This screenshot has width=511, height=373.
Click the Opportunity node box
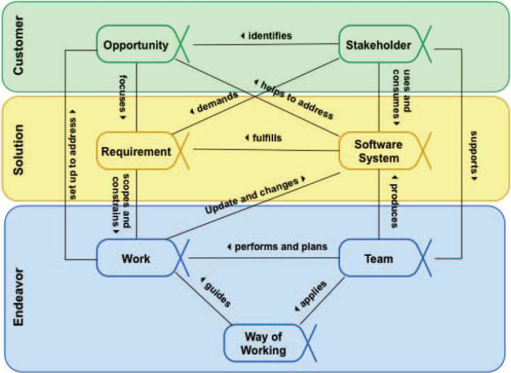[136, 45]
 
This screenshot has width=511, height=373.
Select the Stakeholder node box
[378, 45]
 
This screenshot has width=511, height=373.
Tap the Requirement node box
[136, 151]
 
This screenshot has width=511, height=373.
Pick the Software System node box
[378, 151]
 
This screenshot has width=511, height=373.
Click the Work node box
[136, 258]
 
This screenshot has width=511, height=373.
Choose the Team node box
[379, 258]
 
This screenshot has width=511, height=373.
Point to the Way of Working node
[263, 343]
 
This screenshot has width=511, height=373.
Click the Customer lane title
[18, 45]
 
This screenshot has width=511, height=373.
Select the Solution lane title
[18, 149]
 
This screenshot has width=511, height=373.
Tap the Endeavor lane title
[18, 297]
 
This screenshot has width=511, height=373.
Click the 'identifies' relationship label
[269, 35]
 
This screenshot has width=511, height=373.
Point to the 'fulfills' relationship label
[266, 138]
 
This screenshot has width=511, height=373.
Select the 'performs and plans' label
[280, 247]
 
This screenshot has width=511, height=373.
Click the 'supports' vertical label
[474, 154]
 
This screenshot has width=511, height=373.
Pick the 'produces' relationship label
[394, 204]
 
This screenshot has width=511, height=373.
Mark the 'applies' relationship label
[312, 295]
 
